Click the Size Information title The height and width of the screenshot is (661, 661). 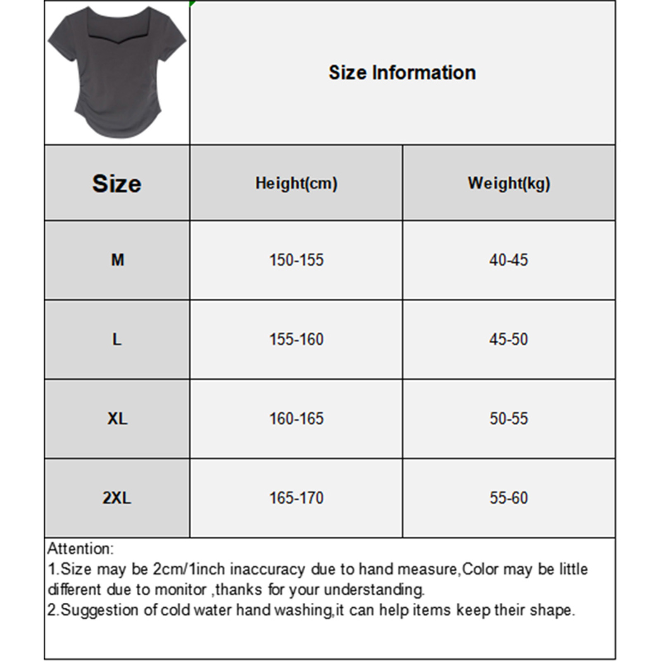click(x=402, y=73)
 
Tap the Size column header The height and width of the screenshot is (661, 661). click(x=117, y=183)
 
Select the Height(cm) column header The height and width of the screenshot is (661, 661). click(x=296, y=183)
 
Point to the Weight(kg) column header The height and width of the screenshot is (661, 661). click(x=509, y=183)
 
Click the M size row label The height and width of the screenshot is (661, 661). click(x=117, y=260)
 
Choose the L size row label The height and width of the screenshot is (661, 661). click(x=117, y=339)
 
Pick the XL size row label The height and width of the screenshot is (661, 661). click(x=117, y=418)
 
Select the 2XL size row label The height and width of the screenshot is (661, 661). click(x=117, y=498)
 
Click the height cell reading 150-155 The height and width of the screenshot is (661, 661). click(x=296, y=260)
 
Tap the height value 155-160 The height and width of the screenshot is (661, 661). click(x=296, y=339)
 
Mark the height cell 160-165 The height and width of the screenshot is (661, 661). click(x=296, y=418)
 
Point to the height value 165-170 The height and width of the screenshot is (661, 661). click(x=296, y=498)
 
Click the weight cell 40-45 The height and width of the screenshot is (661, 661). click(x=509, y=260)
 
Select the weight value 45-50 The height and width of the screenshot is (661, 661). click(x=509, y=339)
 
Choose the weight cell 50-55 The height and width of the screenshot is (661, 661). click(x=509, y=418)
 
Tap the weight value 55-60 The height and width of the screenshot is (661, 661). click(x=509, y=498)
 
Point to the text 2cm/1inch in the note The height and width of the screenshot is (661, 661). click(x=188, y=569)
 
